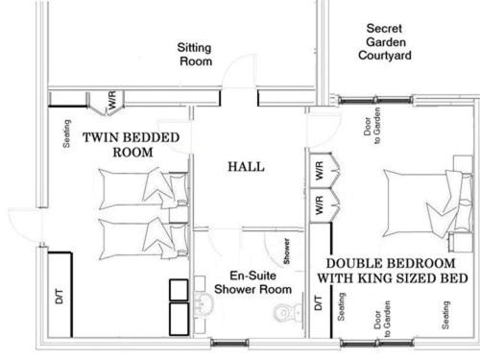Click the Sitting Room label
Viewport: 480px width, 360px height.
195,55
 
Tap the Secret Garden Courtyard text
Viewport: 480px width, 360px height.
385,42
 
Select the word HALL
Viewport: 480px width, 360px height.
246,167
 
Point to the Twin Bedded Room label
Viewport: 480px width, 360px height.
132,145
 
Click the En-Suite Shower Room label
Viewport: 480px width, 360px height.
252,282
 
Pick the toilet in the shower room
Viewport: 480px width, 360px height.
286,312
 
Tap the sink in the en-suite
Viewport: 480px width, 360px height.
204,303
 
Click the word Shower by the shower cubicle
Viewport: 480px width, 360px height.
286,252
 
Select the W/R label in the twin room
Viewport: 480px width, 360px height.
112,100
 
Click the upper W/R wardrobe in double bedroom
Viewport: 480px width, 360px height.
324,170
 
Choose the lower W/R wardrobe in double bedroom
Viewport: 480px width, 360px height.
324,205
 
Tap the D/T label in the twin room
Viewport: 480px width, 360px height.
60,296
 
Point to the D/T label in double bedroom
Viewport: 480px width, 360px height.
318,302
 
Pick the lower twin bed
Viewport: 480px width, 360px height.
143,238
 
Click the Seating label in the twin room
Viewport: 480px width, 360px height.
66,133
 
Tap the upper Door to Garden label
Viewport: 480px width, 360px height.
372,126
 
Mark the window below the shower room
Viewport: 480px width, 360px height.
229,343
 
